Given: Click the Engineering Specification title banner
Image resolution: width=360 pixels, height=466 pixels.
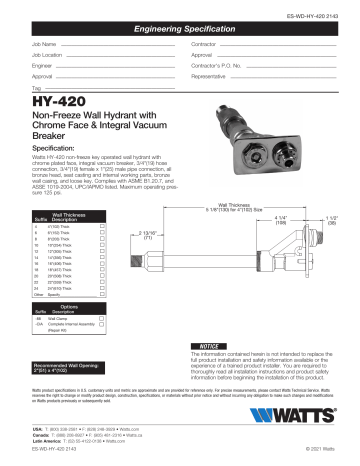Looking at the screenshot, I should pyautogui.click(x=179, y=33).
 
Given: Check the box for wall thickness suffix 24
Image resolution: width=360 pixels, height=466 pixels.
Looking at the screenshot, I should pyautogui.click(x=103, y=288).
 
